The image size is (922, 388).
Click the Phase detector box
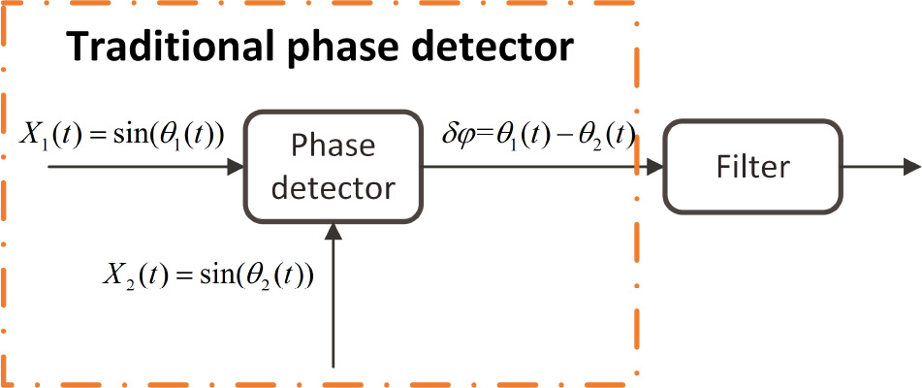[334, 166]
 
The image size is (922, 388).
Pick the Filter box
[752, 166]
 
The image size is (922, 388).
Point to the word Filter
[752, 166]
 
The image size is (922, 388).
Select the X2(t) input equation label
[209, 275]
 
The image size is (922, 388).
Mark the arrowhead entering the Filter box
[654, 167]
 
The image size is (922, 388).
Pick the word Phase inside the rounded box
[334, 146]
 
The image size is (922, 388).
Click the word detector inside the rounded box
[334, 186]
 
